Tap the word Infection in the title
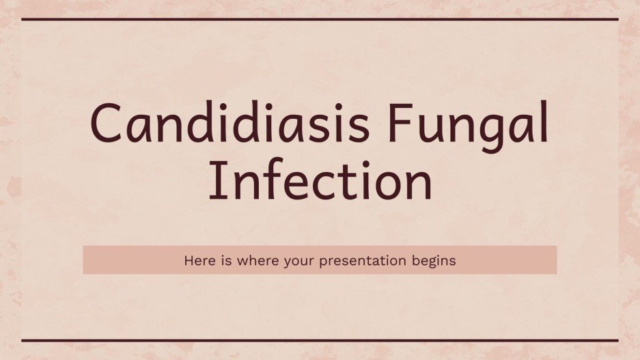click(320, 180)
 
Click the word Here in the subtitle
click(197, 260)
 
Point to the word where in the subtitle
click(249, 260)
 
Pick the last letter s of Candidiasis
click(354, 130)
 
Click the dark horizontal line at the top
click(320, 19)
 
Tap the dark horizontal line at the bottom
click(320, 340)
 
